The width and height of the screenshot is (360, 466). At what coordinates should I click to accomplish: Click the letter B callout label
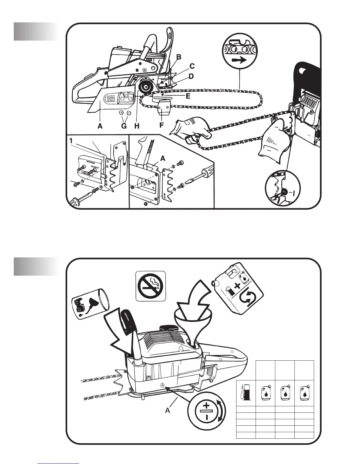179,56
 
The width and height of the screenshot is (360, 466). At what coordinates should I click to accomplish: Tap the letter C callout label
192,66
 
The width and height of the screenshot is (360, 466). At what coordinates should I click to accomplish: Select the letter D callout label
191,76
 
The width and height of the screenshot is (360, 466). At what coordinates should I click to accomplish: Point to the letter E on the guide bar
188,96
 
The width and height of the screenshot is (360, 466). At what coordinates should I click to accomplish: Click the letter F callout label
161,125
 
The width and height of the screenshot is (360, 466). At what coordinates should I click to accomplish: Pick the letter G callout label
124,127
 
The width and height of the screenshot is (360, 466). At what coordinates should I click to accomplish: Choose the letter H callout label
137,127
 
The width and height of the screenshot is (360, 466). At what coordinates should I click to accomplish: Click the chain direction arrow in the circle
239,61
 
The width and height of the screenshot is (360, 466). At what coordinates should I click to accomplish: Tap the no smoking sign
151,286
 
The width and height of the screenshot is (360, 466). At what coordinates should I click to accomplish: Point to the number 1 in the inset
71,141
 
